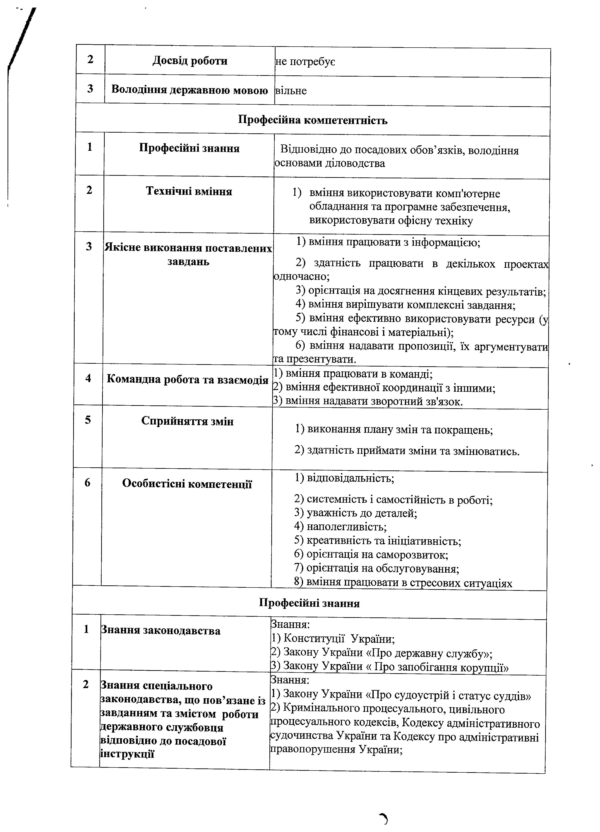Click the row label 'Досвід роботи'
[190, 61]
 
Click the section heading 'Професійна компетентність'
[313, 120]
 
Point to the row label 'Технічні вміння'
[189, 191]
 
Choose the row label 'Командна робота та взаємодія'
[187, 379]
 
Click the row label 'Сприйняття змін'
[187, 421]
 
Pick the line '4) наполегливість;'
[340, 527]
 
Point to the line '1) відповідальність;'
[344, 478]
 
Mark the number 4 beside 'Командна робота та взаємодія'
[88, 378]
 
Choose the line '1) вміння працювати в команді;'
[353, 374]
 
